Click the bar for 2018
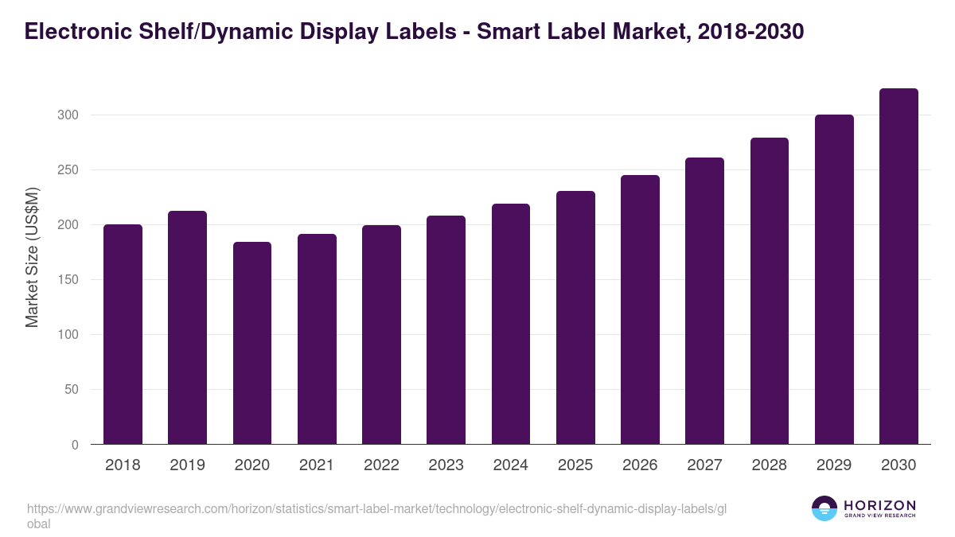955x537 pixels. tap(123, 334)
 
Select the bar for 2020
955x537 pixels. tap(252, 343)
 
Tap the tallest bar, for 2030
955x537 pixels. tap(898, 267)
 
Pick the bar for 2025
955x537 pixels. tap(575, 317)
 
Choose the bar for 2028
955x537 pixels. tap(770, 291)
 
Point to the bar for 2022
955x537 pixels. tap(381, 335)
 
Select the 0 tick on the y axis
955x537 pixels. tap(75, 445)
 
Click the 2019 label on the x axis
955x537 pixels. tap(187, 465)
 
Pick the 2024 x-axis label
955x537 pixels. tap(510, 465)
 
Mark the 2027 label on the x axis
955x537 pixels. tap(704, 465)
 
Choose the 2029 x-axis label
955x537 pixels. tap(834, 465)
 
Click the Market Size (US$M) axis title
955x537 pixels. tap(32, 257)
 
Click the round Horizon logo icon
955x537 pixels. tap(824, 508)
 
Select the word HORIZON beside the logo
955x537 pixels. tap(879, 504)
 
